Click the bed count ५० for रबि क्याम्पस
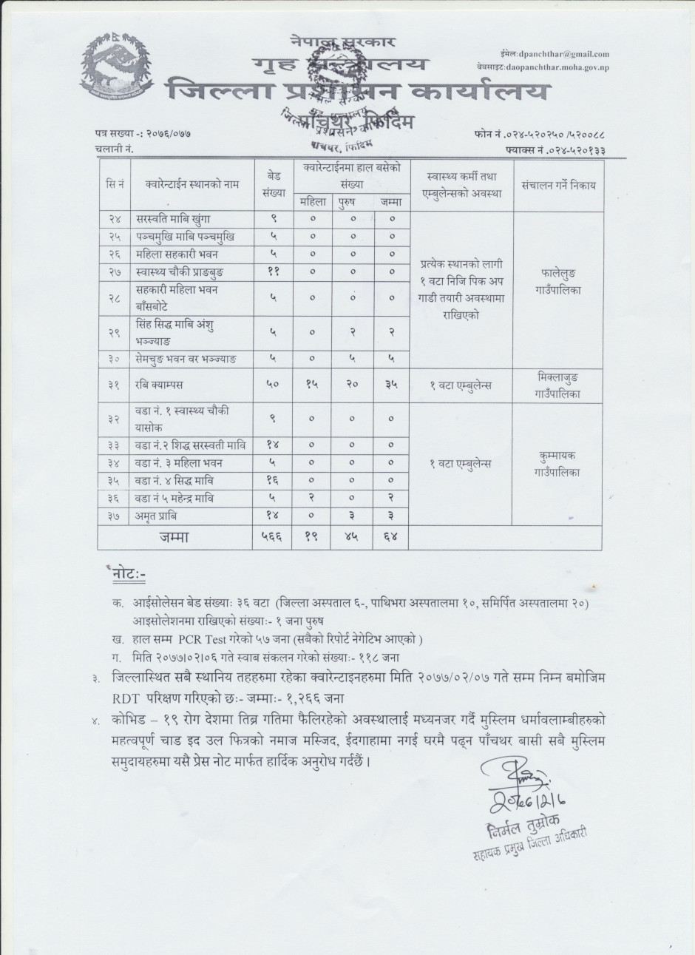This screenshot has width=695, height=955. (273, 385)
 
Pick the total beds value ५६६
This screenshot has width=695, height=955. (273, 537)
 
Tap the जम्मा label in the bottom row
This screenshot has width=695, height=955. (175, 537)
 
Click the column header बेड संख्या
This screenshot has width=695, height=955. (273, 186)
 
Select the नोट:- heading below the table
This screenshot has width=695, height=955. (130, 573)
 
